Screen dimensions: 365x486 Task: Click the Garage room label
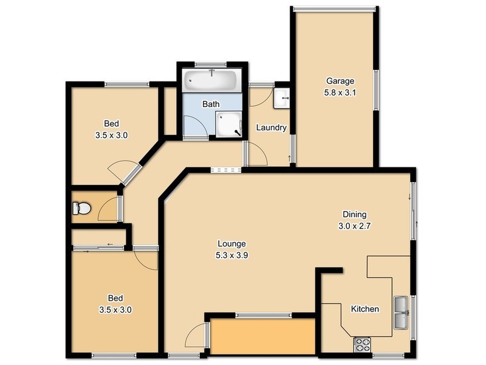(x=340, y=81)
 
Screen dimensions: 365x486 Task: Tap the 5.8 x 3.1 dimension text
(x=340, y=92)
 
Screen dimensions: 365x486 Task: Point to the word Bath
(x=211, y=104)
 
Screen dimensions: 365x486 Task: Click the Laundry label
(x=271, y=128)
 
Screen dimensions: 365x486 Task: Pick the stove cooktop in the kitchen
(x=363, y=344)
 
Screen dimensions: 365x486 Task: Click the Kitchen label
(x=365, y=309)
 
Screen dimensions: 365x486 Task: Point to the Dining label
(x=354, y=214)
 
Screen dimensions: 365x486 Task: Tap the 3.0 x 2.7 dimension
(x=354, y=226)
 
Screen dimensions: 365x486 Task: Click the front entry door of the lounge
(x=196, y=341)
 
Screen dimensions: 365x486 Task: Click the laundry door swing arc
(x=257, y=155)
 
